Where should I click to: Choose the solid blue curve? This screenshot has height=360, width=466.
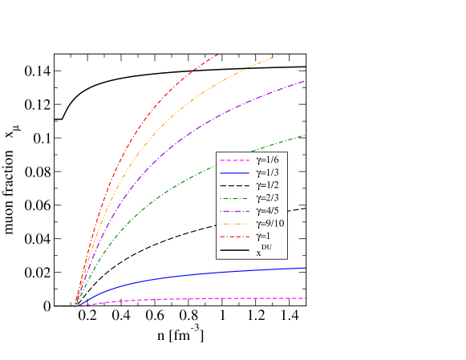(x=201, y=274)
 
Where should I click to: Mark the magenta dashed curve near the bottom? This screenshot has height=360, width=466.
(x=201, y=298)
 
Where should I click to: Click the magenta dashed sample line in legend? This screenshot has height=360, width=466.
(x=233, y=161)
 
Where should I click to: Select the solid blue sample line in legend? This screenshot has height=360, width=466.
(x=233, y=173)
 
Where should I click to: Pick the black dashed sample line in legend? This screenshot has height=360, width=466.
(x=233, y=186)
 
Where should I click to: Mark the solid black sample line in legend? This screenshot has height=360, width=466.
(x=233, y=250)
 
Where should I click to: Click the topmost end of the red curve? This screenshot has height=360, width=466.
(x=217, y=55)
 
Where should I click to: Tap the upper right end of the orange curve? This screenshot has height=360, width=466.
(x=282, y=55)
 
